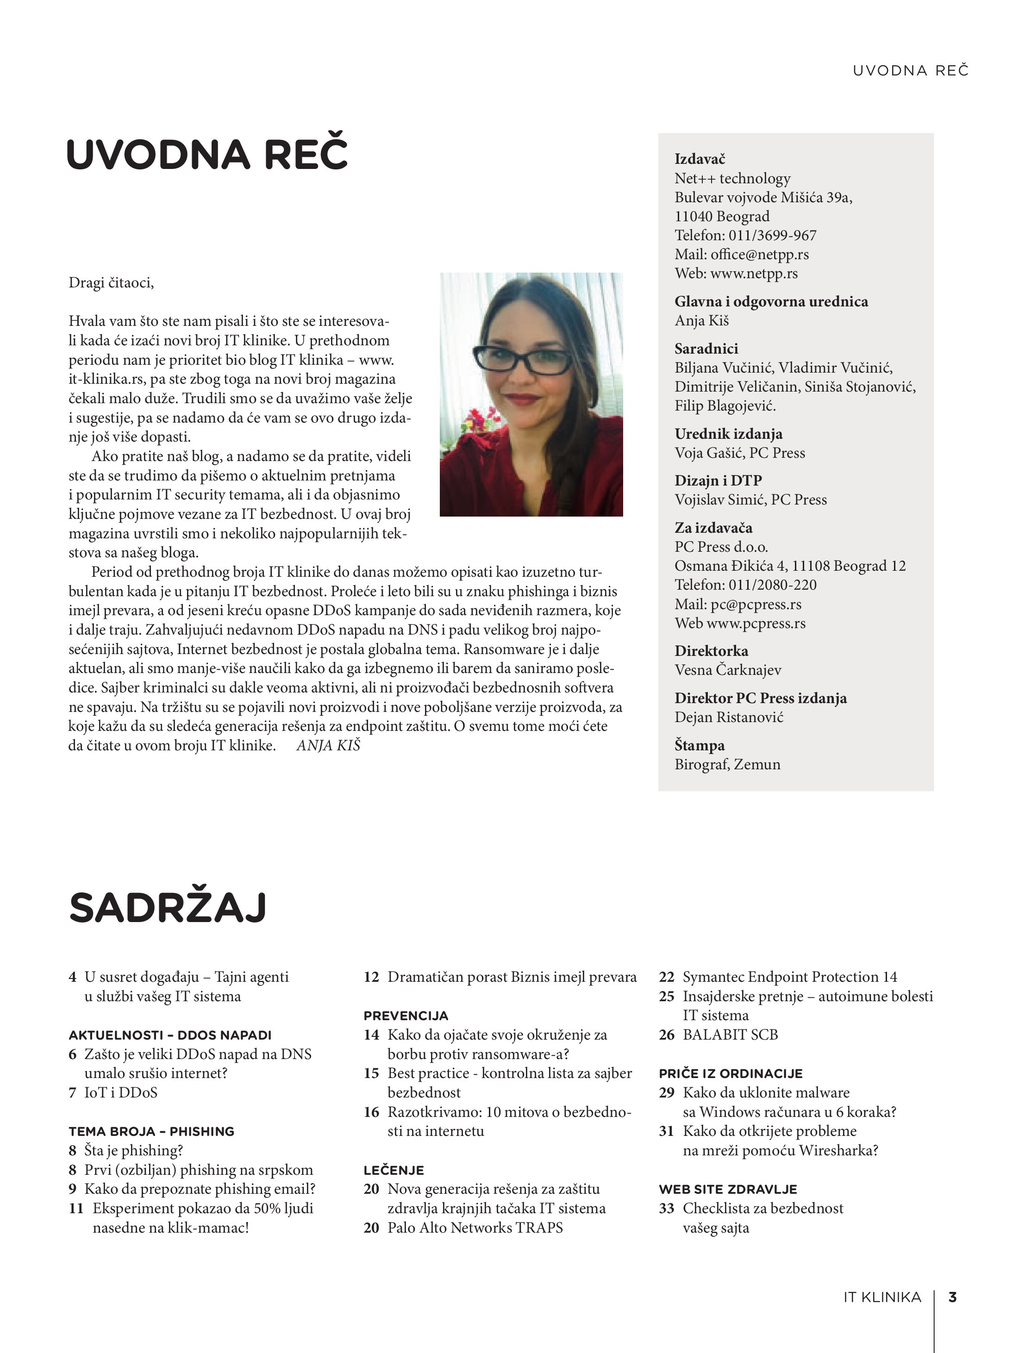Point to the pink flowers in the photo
(479, 422)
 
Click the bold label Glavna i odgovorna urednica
(771, 301)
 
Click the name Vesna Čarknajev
(728, 670)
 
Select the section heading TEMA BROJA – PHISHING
(151, 1132)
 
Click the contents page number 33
(666, 1209)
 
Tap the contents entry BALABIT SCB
(730, 1035)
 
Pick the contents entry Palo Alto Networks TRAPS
(475, 1228)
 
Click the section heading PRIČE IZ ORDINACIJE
(731, 1073)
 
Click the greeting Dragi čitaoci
(111, 282)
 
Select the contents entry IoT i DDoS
(120, 1092)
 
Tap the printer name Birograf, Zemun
(727, 765)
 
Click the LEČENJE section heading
(394, 1170)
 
